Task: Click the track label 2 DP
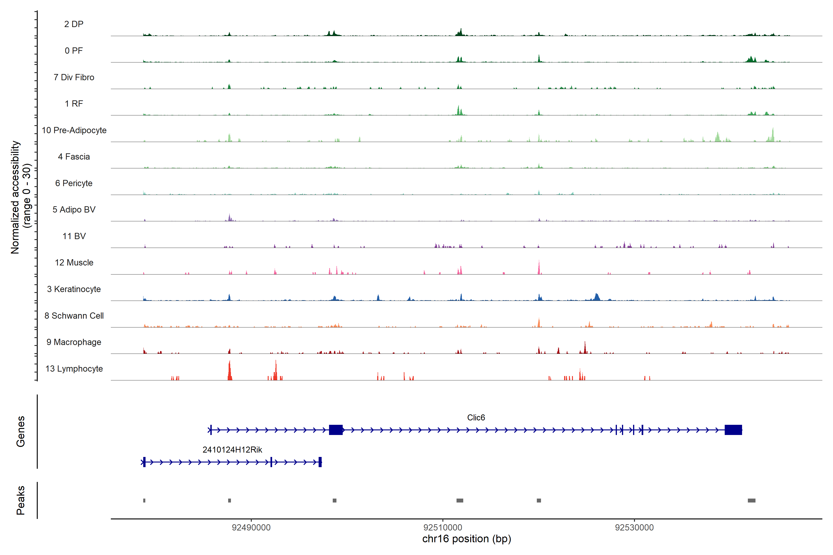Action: click(74, 24)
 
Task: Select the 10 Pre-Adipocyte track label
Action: click(74, 130)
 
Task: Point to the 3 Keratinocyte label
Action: click(74, 289)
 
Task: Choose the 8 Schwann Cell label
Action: click(74, 316)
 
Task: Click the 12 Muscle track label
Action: click(74, 263)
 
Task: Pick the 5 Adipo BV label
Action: click(74, 210)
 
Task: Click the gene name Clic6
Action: click(476, 418)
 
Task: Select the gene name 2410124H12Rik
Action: click(232, 450)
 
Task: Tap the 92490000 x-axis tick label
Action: click(251, 527)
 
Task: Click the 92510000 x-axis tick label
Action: click(443, 527)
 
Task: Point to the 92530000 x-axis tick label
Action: click(634, 527)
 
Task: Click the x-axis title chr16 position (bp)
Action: click(466, 539)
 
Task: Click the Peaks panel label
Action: click(21, 500)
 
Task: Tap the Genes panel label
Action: click(21, 432)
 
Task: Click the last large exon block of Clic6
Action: click(733, 430)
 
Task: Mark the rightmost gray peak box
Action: click(752, 500)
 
